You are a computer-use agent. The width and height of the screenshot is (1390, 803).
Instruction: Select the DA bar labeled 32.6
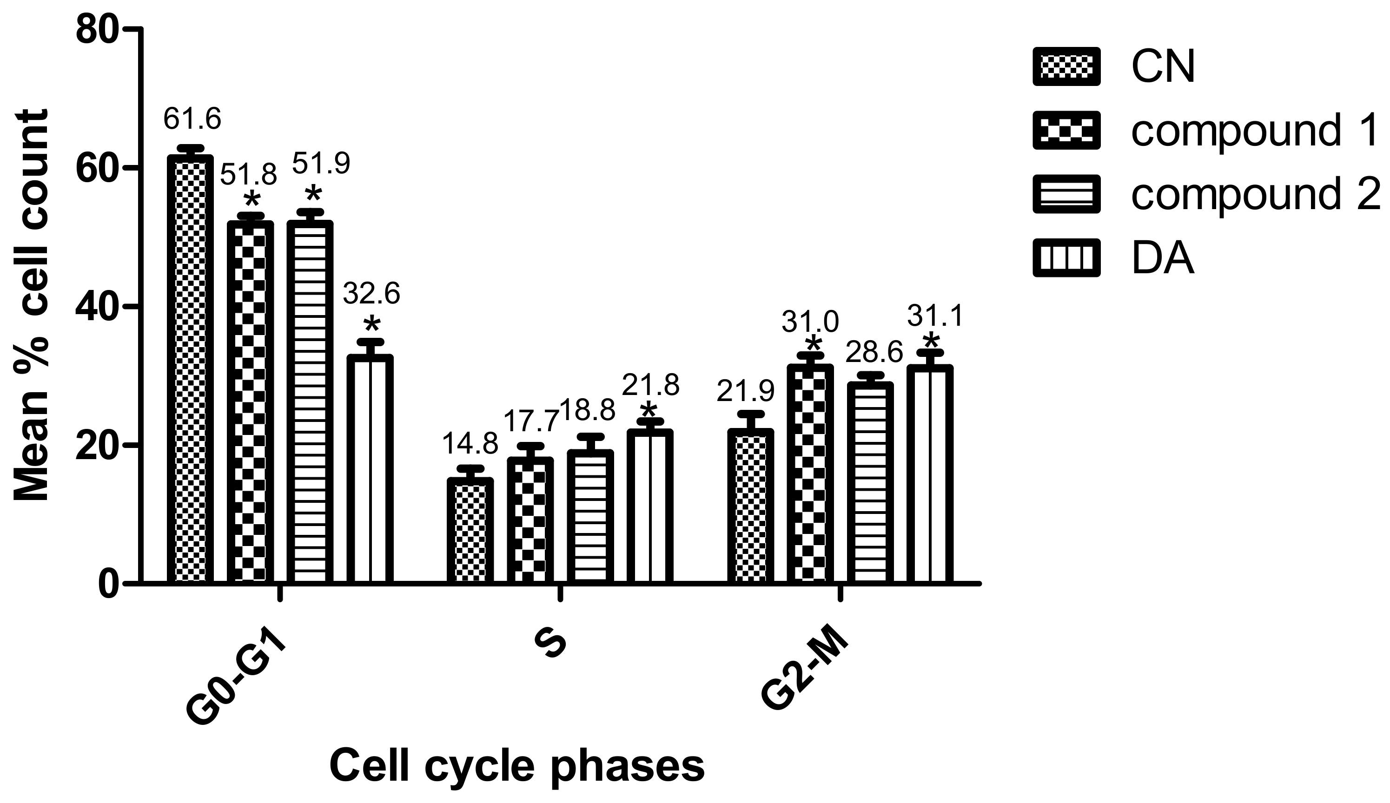(x=370, y=469)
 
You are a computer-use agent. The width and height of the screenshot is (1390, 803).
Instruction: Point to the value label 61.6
(x=192, y=119)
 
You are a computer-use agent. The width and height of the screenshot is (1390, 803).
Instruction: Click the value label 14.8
(x=470, y=444)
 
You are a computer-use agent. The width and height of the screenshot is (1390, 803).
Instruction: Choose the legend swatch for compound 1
(x=1066, y=131)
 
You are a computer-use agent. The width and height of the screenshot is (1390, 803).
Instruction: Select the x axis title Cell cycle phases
(x=517, y=767)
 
